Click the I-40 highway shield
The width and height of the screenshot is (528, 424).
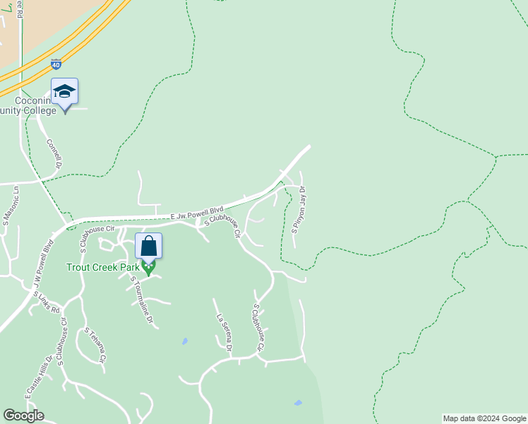point(56,64)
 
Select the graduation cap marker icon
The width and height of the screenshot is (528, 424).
point(64,91)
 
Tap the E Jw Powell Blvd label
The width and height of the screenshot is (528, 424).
point(197,212)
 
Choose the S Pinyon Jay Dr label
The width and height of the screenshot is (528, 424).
point(299,209)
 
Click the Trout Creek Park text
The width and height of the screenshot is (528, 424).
point(103,267)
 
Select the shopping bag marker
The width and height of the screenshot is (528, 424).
point(149,246)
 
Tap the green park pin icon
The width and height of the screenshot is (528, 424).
point(148,268)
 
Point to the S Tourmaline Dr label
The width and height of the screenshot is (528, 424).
point(141,300)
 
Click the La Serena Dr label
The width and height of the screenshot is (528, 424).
point(224,332)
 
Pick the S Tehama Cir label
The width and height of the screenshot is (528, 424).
point(95,345)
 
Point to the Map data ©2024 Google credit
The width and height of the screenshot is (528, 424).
point(484,418)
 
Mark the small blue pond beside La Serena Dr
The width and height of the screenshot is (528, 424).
point(185,341)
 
